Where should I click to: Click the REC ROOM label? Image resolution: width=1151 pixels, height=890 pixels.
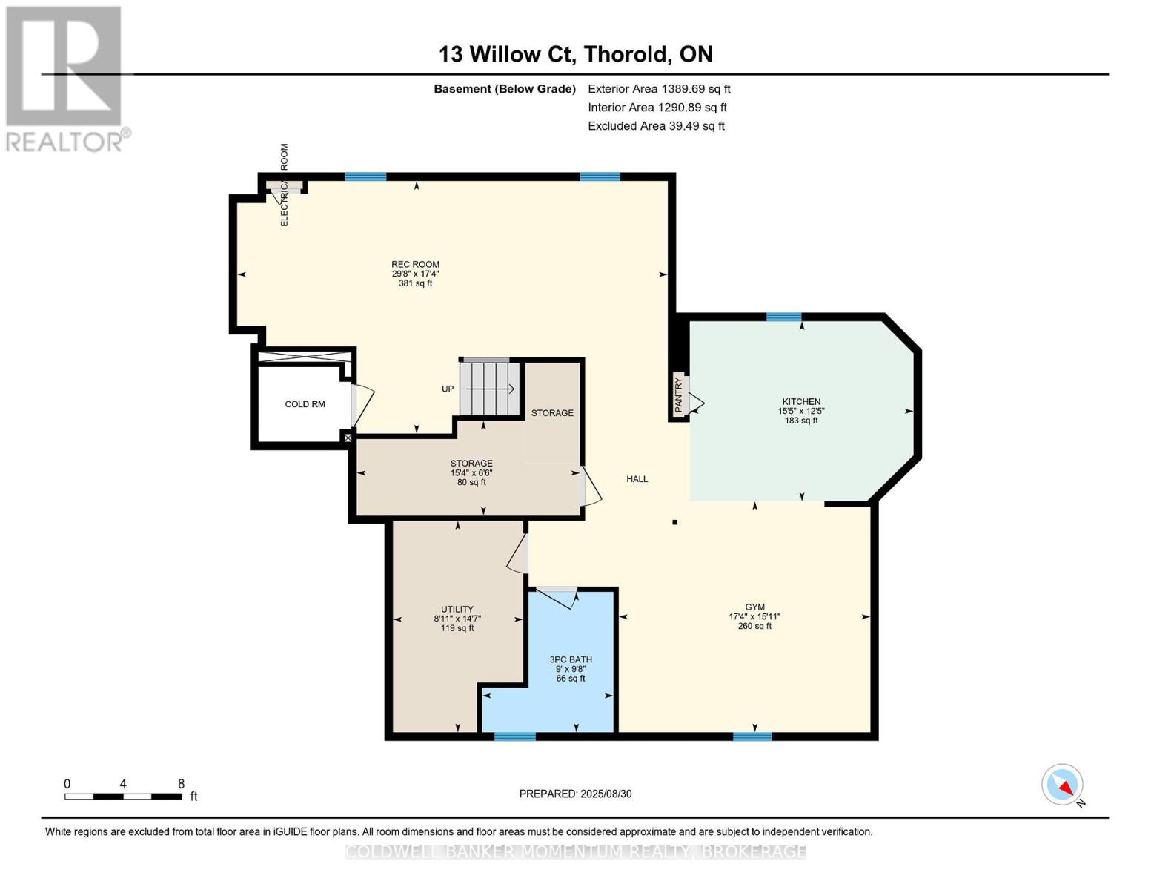tap(415, 265)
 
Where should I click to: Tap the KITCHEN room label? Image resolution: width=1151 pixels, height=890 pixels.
tap(801, 402)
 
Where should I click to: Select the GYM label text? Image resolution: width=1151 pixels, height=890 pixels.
tap(754, 607)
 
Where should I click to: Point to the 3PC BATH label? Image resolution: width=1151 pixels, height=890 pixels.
tap(571, 660)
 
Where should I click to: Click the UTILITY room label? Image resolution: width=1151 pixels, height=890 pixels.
tap(457, 610)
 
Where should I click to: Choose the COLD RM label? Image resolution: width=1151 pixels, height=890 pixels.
tap(305, 404)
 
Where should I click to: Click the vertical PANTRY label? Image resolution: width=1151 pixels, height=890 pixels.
tap(679, 395)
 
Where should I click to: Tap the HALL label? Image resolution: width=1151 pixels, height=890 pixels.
tap(637, 479)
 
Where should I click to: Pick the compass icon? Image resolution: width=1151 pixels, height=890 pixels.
tap(1061, 785)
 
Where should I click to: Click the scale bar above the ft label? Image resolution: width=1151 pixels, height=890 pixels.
tap(123, 797)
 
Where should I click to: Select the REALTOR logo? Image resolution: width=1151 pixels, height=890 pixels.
tap(66, 79)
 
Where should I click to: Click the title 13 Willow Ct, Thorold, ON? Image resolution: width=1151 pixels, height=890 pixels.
tap(575, 54)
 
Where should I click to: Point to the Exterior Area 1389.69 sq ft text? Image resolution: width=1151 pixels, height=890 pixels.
tap(659, 89)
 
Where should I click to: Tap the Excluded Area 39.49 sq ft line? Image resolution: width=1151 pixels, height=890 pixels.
tap(656, 126)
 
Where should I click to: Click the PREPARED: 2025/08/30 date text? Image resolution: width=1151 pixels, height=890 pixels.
tap(575, 794)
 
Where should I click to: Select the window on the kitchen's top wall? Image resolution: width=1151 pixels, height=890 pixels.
tap(784, 317)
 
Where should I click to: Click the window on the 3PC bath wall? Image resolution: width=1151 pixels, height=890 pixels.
tap(515, 736)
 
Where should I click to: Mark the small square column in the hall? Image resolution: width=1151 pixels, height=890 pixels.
tap(675, 522)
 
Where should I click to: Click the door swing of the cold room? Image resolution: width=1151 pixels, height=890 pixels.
tap(363, 404)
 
